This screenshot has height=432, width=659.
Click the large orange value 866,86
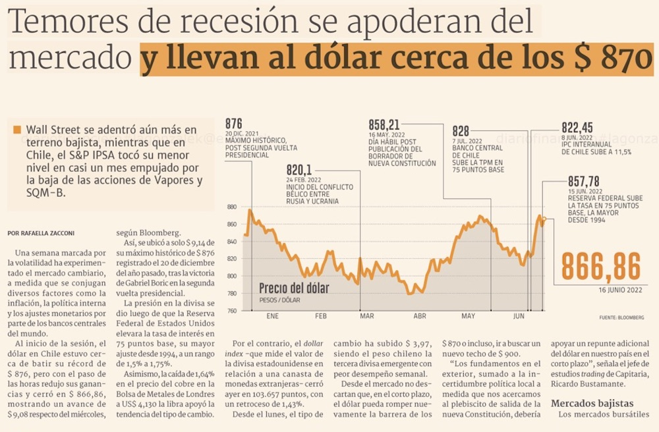click(x=600, y=267)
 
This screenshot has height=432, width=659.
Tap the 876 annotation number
click(x=234, y=124)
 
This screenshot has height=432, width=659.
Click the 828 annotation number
click(x=461, y=131)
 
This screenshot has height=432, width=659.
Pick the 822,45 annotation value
click(x=577, y=128)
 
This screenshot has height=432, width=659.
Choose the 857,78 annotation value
click(x=583, y=181)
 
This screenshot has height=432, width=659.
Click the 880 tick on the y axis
click(x=231, y=207)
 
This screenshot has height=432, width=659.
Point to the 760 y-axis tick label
click(x=231, y=310)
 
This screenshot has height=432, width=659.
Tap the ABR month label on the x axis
click(x=419, y=317)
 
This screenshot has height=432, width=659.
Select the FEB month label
click(x=321, y=317)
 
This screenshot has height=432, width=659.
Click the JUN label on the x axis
click(x=519, y=317)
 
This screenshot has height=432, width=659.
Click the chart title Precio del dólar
click(x=294, y=288)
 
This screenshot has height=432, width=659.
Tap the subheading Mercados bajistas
click(x=592, y=402)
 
